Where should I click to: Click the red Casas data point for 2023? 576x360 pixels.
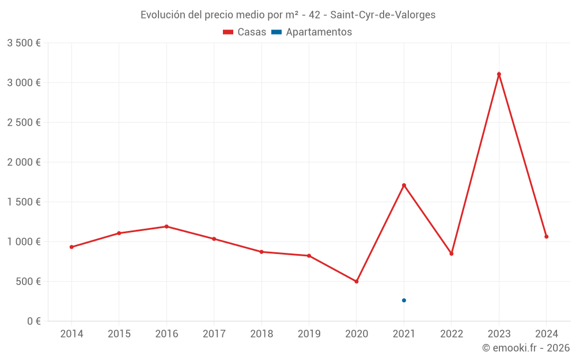[499, 74]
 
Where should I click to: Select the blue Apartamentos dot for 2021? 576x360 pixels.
[404, 301]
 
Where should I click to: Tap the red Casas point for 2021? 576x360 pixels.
[404, 185]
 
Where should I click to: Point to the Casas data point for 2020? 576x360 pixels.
[357, 282]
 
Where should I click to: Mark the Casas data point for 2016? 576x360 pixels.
[166, 226]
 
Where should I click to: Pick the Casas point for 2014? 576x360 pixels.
[71, 247]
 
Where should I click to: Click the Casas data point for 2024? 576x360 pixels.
[546, 237]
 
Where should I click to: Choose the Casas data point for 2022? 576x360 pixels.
[452, 254]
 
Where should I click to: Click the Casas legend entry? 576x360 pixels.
[245, 32]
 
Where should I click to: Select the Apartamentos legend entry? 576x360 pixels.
[312, 32]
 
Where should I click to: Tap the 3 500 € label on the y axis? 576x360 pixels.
[24, 43]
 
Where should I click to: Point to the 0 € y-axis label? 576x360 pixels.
[32, 321]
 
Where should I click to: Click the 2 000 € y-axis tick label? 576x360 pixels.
[24, 162]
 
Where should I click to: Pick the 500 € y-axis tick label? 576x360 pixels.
[28, 282]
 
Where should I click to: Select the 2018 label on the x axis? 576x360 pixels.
[262, 334]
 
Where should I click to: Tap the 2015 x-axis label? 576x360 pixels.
[119, 334]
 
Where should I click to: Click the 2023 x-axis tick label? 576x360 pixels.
[499, 334]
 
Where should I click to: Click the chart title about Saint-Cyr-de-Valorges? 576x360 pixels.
[288, 15]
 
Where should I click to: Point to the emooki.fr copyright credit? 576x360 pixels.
[525, 348]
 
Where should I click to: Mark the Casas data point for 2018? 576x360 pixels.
[262, 252]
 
